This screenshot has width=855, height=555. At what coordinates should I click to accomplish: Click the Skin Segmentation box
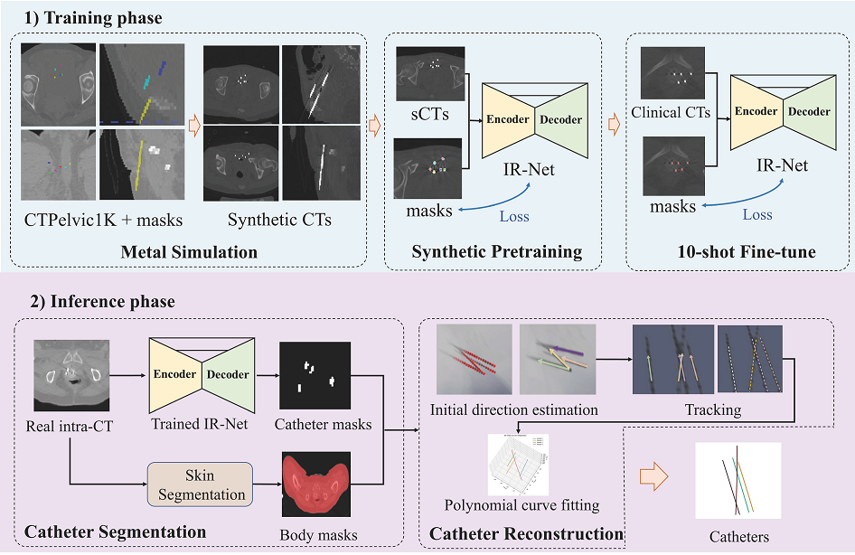[200, 484]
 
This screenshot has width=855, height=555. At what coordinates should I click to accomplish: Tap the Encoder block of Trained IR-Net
[175, 374]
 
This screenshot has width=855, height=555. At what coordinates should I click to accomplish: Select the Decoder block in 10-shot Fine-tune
[810, 112]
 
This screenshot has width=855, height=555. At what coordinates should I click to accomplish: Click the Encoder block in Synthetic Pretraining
[508, 120]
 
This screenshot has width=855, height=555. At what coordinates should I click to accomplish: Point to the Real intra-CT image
[71, 375]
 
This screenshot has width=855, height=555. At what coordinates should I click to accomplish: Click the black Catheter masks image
[315, 375]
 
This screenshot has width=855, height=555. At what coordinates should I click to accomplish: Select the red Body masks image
[316, 484]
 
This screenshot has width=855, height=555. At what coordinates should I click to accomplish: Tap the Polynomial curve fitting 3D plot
[518, 465]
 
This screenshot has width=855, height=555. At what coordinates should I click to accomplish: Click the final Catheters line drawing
[738, 480]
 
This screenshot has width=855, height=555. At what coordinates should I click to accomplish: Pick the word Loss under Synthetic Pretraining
[514, 216]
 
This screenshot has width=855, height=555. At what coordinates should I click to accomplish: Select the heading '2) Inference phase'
[102, 302]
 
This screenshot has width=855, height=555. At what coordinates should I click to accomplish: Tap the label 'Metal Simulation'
[189, 252]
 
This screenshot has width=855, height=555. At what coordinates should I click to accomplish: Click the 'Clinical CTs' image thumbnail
[672, 73]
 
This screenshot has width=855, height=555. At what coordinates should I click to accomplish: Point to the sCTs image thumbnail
[431, 74]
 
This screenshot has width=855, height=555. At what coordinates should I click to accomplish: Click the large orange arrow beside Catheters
[653, 476]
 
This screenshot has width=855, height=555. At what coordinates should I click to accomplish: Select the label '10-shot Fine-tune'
[747, 251]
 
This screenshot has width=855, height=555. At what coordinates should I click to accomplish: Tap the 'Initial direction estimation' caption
[513, 410]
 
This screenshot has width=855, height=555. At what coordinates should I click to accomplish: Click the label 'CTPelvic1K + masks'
[104, 220]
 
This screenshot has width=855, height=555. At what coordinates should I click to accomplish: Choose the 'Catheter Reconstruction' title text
[527, 533]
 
